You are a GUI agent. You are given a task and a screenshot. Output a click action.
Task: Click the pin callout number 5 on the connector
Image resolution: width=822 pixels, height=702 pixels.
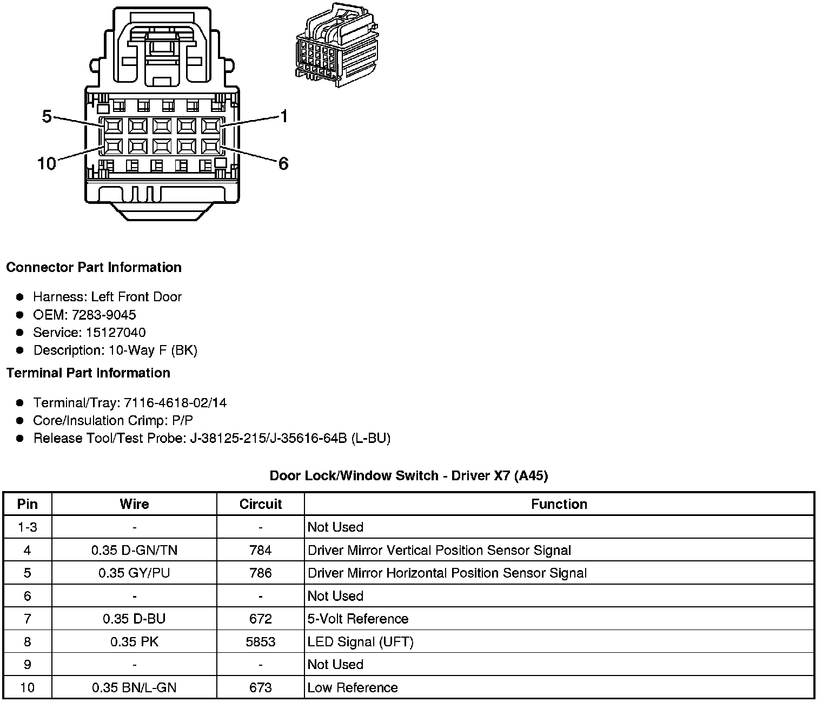47,116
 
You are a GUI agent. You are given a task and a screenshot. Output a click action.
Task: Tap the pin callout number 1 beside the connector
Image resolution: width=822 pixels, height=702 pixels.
283,116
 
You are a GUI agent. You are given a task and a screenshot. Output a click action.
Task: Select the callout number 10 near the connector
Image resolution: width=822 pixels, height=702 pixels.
47,163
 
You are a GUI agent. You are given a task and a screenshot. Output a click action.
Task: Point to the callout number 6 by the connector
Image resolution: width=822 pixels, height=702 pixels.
283,163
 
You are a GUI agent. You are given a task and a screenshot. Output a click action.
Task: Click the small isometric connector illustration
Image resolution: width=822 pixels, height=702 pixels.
336,46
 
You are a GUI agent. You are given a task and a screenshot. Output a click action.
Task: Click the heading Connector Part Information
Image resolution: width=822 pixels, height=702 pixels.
94,268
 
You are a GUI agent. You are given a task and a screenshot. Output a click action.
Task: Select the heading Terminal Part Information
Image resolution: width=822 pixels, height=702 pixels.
88,373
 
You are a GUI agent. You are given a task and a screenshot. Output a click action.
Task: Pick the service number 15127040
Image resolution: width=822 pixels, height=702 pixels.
116,333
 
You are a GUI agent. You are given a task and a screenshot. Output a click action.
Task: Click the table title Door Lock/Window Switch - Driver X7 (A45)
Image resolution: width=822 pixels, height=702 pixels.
409,476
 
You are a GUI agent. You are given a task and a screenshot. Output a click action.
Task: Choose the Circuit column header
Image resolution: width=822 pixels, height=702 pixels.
261,504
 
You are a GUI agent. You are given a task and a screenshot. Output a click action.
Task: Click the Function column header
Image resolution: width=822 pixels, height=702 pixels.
559,504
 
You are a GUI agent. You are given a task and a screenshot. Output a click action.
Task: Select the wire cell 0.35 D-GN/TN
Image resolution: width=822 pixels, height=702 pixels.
134,551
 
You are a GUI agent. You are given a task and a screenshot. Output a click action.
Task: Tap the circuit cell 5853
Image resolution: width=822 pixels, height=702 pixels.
261,642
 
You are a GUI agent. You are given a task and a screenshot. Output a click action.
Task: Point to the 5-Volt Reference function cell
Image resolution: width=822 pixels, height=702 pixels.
358,619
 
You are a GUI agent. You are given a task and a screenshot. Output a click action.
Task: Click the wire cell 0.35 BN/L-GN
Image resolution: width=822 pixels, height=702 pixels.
134,688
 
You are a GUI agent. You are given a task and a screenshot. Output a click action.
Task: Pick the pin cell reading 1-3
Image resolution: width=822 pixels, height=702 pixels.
28,527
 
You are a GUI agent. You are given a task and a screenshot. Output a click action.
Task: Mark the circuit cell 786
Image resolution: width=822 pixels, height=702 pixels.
261,573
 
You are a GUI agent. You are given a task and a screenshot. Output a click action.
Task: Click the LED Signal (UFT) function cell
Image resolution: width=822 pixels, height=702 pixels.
360,642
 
